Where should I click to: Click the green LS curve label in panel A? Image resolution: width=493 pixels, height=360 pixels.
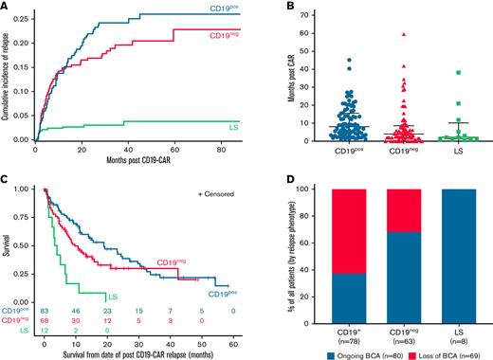pos(231,127)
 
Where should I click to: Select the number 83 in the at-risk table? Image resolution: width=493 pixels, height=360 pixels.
pos(45,310)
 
